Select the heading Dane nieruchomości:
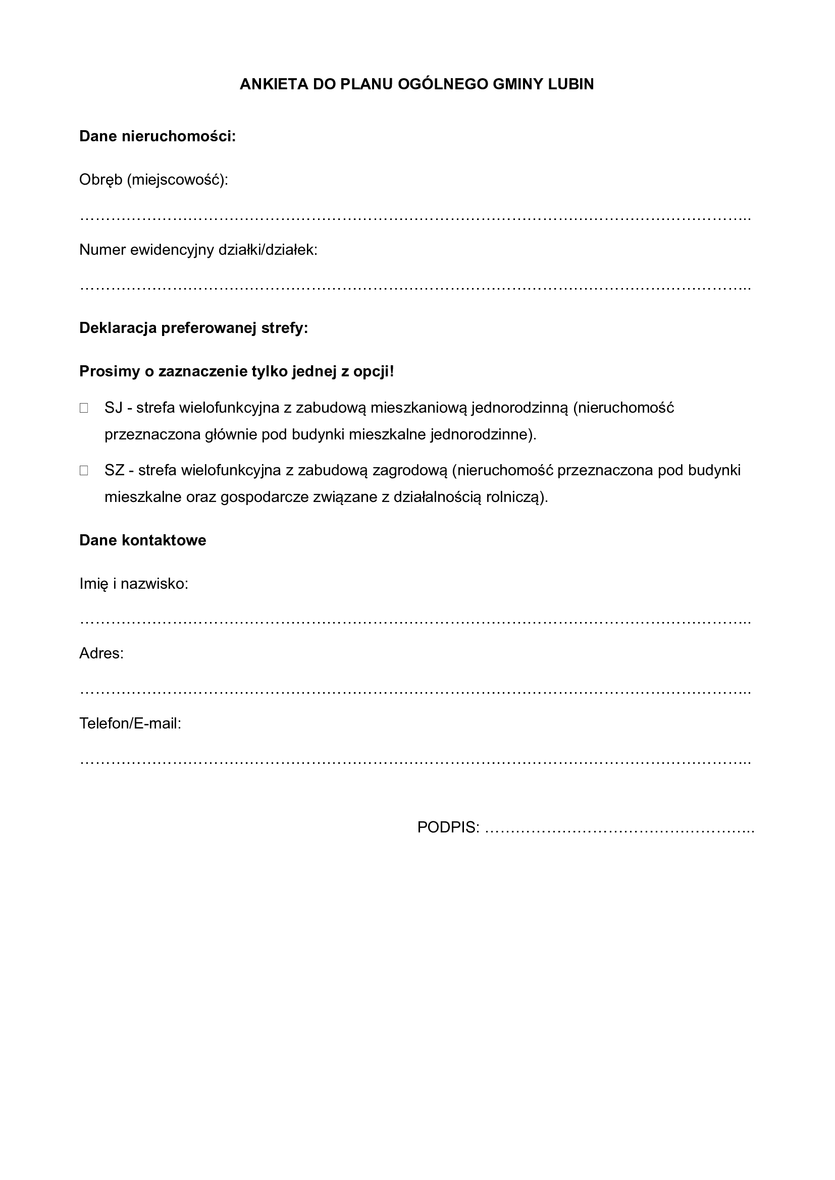pos(158,136)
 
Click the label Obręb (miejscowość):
pos(153,180)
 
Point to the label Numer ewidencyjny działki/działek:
pos(198,250)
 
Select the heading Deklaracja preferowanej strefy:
pos(193,328)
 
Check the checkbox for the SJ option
pos(84,408)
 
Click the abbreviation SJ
pos(113,408)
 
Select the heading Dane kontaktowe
pos(142,540)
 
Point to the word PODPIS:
pos(448,827)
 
